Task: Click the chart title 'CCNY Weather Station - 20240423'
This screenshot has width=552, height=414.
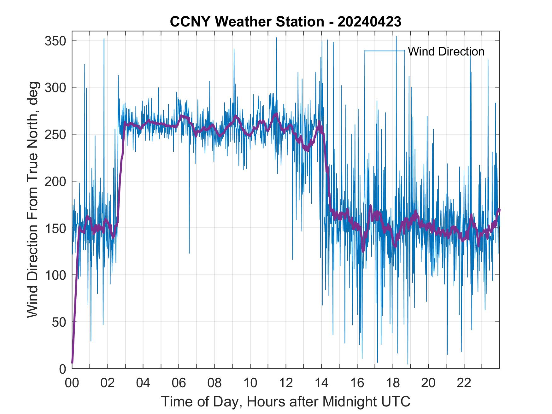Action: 285,22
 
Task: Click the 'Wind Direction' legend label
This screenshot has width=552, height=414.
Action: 446,51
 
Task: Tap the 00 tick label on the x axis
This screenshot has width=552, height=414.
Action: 72,383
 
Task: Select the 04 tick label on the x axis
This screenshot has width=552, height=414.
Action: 143,383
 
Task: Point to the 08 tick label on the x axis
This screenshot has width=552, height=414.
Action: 214,383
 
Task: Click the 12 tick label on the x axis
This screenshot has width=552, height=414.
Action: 286,383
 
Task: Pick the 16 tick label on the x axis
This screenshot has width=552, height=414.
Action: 357,383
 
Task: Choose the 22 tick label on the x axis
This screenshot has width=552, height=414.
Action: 464,383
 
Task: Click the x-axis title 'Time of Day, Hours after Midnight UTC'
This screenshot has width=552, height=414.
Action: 285,402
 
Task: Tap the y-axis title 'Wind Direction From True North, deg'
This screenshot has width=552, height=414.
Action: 32,200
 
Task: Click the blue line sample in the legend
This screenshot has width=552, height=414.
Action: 384,51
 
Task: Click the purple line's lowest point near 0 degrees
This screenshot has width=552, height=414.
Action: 72,363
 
